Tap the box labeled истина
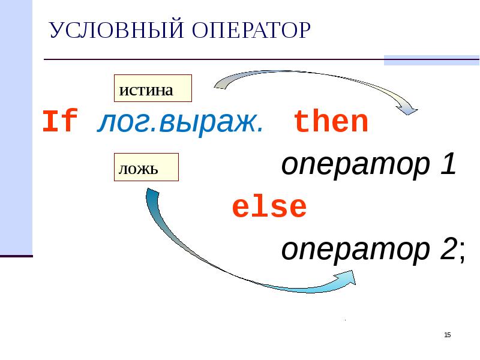point(152,89)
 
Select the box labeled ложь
point(145,167)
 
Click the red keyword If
point(60,122)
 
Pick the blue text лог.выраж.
point(179,122)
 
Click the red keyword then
point(331,122)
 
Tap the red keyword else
point(269,208)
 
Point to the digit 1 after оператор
point(447,165)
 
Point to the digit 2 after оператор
point(447,250)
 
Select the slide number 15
point(447,335)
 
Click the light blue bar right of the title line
point(431,60)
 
